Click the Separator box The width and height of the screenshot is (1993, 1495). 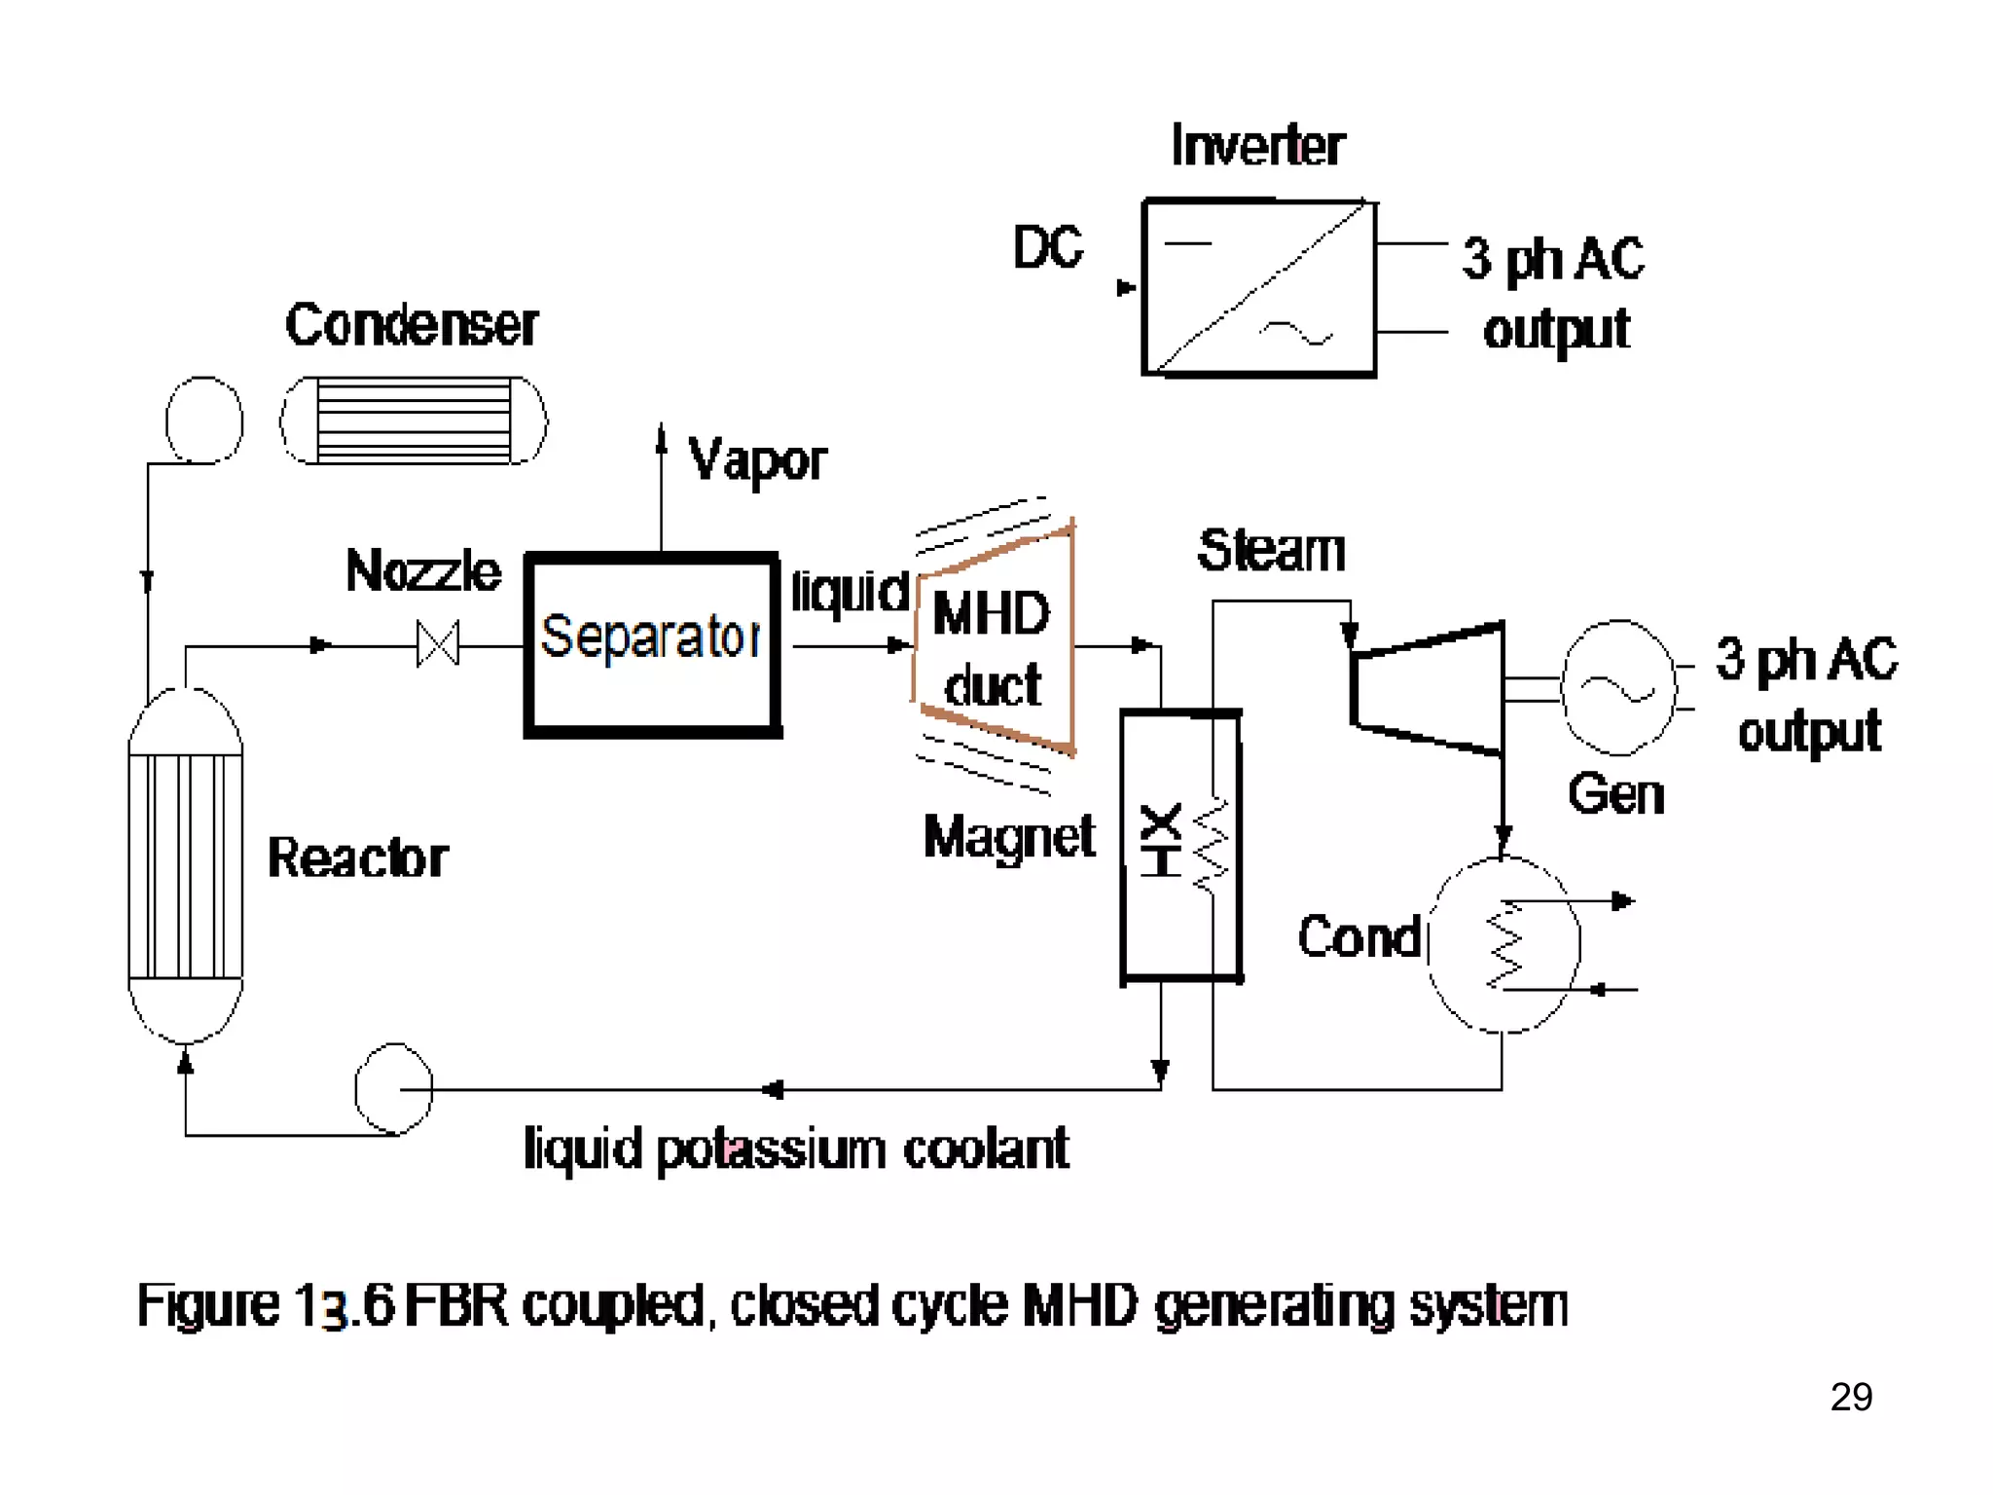pyautogui.click(x=652, y=644)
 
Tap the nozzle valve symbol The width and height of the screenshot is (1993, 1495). pyautogui.click(x=437, y=644)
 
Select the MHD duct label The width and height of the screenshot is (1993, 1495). pyautogui.click(x=992, y=648)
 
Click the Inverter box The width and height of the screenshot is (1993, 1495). pyautogui.click(x=1259, y=287)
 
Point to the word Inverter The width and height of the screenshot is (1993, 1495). pyautogui.click(x=1257, y=146)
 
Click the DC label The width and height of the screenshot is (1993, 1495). pyautogui.click(x=1047, y=247)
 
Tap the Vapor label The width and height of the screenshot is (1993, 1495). pyautogui.click(x=757, y=460)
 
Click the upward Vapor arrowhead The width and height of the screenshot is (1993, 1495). pyautogui.click(x=662, y=438)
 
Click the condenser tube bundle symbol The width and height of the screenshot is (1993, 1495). pyautogui.click(x=414, y=420)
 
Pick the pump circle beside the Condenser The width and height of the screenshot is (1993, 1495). pyautogui.click(x=204, y=419)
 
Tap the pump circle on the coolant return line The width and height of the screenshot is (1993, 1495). pyautogui.click(x=393, y=1089)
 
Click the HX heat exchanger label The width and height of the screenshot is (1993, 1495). pyautogui.click(x=1161, y=840)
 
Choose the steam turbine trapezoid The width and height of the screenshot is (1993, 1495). pyautogui.click(x=1427, y=688)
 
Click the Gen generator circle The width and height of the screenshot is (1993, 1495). pyautogui.click(x=1618, y=688)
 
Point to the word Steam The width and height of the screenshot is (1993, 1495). pyautogui.click(x=1271, y=551)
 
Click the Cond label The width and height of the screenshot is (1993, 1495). pyautogui.click(x=1359, y=937)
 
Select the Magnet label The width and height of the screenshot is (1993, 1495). pyautogui.click(x=1008, y=837)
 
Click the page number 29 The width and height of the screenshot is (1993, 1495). pyautogui.click(x=1850, y=1397)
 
